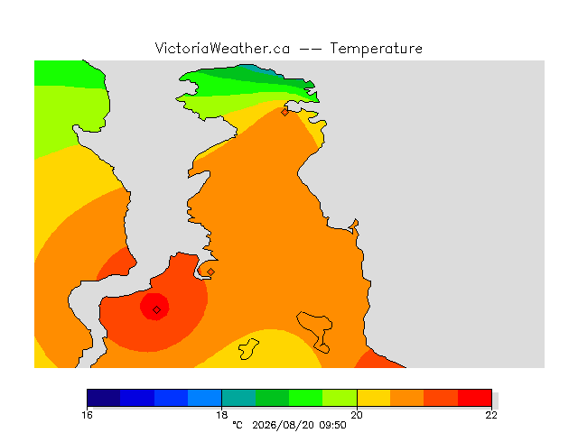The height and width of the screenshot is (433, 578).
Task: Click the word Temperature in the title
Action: (x=376, y=49)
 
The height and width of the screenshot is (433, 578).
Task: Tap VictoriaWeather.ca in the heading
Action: (x=222, y=48)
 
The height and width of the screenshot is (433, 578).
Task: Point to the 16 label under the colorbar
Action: (x=87, y=415)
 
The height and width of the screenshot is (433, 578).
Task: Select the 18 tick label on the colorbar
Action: (x=222, y=415)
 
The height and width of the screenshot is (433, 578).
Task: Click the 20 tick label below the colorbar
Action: (x=357, y=415)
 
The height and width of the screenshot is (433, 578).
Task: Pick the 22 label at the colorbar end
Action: (x=491, y=415)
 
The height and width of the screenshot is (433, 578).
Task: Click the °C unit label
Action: (x=238, y=425)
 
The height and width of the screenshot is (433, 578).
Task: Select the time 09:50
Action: (x=333, y=425)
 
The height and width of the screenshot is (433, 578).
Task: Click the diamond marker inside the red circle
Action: (x=156, y=310)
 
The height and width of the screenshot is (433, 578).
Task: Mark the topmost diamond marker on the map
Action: (x=284, y=112)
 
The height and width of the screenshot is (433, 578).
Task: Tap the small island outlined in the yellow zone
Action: (x=248, y=349)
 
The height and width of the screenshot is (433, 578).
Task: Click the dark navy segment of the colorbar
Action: (x=104, y=398)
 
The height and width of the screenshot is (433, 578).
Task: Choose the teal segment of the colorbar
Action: (x=238, y=398)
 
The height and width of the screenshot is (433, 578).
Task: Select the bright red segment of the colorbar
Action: (x=475, y=398)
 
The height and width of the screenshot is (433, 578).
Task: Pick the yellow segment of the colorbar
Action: (x=373, y=398)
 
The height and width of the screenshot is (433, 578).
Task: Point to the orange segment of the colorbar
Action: (x=407, y=398)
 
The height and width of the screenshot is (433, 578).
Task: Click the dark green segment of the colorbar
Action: (x=272, y=398)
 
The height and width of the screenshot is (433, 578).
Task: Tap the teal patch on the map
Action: (x=260, y=69)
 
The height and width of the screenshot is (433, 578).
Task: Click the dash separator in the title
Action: (x=310, y=49)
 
